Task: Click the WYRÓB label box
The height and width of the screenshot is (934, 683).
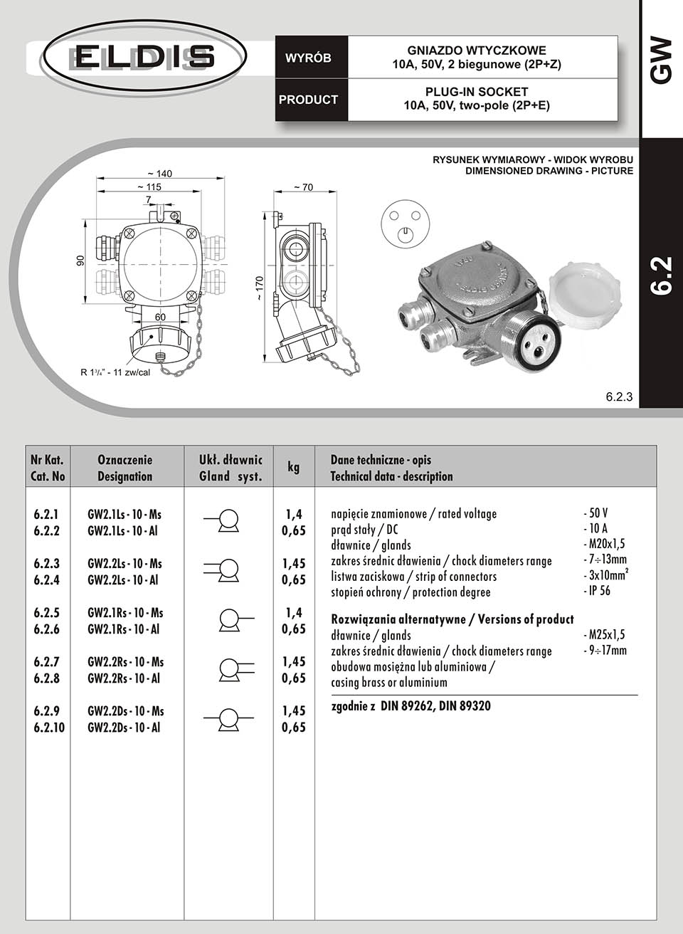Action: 308,58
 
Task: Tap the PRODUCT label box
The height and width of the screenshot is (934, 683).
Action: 308,100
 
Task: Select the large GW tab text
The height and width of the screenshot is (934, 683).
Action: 661,61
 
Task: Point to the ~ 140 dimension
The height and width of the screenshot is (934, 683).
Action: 159,174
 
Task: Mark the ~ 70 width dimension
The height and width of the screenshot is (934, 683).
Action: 303,188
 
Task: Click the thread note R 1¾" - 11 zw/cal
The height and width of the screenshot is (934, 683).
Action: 115,372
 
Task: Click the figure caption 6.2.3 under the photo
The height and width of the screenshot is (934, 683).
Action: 619,397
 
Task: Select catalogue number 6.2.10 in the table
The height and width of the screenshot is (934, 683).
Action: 49,728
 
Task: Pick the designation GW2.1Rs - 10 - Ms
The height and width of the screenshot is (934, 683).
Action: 125,613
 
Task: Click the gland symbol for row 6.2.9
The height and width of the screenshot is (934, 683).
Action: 228,719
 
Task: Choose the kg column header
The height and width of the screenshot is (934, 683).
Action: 293,467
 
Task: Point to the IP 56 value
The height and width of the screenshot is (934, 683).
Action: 597,591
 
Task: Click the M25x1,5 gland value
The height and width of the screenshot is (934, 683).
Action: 604,635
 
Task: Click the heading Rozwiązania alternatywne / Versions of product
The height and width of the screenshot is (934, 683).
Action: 452,619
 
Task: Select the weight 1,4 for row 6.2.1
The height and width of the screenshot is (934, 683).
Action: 293,514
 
